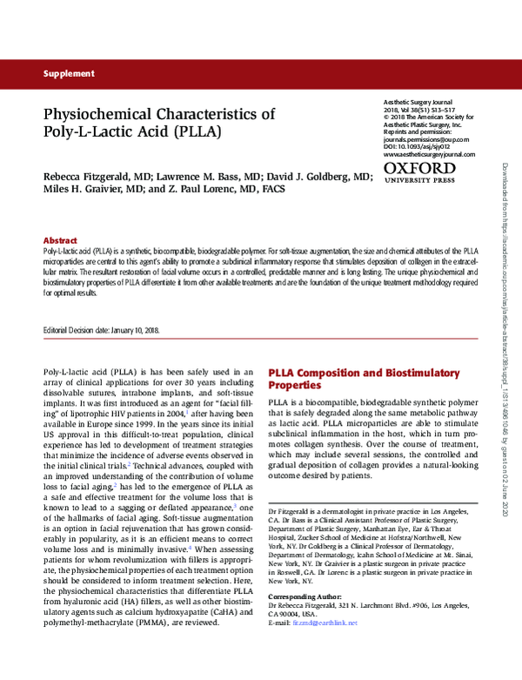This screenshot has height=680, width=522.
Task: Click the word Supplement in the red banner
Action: coord(69,74)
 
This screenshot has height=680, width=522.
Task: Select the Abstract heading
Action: coord(60,240)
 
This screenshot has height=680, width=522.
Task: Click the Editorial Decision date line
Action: coord(101,331)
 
